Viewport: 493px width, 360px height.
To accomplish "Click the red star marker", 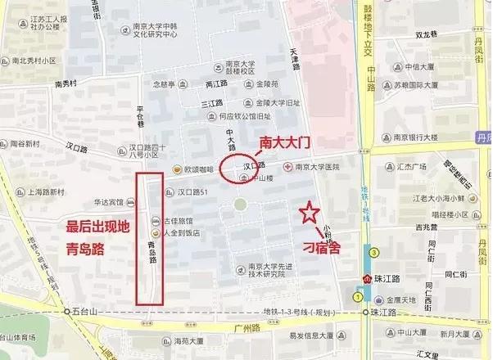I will pos(309,214).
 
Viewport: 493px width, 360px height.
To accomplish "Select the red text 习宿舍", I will pos(321,245).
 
